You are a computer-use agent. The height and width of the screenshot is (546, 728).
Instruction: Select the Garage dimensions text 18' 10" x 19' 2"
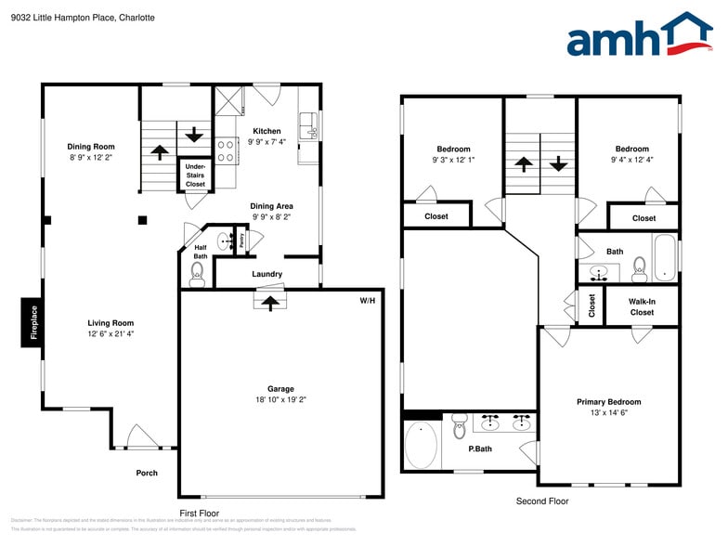pyautogui.click(x=280, y=400)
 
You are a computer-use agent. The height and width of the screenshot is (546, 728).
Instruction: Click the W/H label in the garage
pyautogui.click(x=369, y=302)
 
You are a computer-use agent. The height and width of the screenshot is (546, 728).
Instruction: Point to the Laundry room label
pyautogui.click(x=266, y=274)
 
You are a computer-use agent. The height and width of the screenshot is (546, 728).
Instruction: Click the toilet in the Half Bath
pyautogui.click(x=196, y=272)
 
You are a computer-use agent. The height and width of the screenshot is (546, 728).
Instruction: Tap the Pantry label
pyautogui.click(x=241, y=240)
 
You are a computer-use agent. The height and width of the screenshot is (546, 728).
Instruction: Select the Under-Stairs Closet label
pyautogui.click(x=195, y=175)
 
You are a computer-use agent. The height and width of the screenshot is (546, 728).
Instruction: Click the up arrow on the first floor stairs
pyautogui.click(x=159, y=152)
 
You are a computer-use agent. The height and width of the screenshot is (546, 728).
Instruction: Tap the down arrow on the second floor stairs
pyautogui.click(x=558, y=163)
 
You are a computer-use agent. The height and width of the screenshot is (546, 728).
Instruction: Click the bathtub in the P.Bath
pyautogui.click(x=421, y=446)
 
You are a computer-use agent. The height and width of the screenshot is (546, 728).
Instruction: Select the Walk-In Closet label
pyautogui.click(x=641, y=306)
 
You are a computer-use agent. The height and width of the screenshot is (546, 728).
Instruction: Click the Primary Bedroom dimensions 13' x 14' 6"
pyautogui.click(x=608, y=413)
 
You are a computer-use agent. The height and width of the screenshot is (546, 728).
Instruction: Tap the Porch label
pyautogui.click(x=147, y=473)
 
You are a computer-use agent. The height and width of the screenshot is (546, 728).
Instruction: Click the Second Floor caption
pyautogui.click(x=541, y=501)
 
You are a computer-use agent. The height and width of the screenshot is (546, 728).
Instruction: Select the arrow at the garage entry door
pyautogui.click(x=270, y=302)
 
